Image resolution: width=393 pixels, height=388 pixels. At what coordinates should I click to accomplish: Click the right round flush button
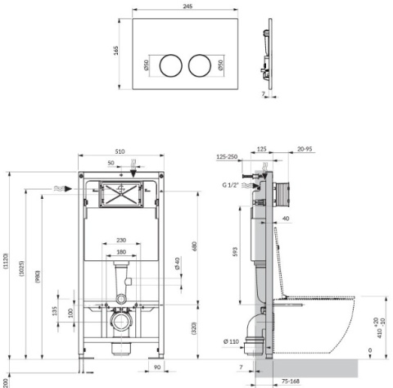(x=201, y=64)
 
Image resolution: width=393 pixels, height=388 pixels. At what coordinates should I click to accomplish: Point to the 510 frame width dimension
(x=120, y=151)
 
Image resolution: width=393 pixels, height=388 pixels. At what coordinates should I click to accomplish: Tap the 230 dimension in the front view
(x=120, y=240)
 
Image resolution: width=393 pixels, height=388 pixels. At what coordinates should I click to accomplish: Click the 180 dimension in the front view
(x=120, y=252)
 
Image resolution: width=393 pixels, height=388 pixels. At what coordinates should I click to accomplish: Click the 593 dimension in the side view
(x=235, y=252)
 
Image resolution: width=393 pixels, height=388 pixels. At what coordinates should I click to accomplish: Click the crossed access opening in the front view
(x=120, y=195)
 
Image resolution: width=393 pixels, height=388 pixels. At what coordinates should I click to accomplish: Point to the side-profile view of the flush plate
(x=268, y=62)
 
